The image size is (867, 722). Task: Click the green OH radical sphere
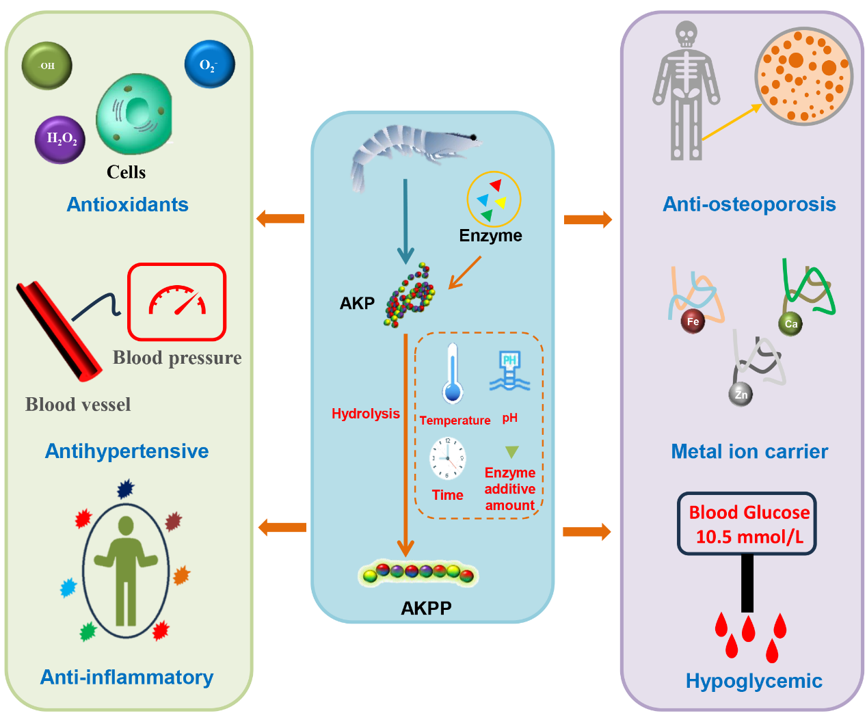coord(47,66)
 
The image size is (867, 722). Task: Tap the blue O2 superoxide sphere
coord(209,64)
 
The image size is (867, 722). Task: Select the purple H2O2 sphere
coord(61,139)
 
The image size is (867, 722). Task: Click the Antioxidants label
coord(127,204)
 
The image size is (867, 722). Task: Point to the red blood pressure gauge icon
coord(177,302)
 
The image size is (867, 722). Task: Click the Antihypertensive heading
coord(126,451)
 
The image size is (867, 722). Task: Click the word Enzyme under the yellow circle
coord(490,236)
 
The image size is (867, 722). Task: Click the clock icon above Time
coord(448,458)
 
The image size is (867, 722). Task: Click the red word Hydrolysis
coord(365,414)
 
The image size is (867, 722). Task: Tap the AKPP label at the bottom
coord(426,608)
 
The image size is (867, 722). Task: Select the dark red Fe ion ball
coord(693,321)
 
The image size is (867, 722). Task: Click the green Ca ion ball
coord(790,323)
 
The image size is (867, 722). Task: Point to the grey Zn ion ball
coord(741,395)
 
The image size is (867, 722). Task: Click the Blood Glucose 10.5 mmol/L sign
coord(747,524)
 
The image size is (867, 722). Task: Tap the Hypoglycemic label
coord(753,681)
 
